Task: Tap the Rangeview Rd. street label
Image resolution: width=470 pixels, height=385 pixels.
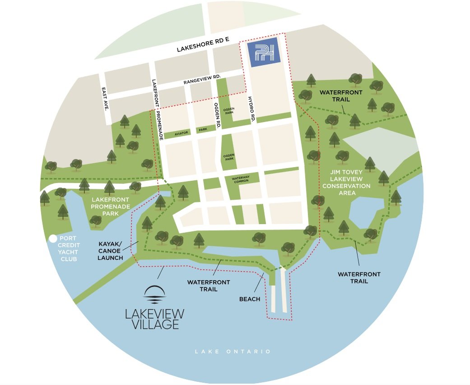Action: click(x=202, y=80)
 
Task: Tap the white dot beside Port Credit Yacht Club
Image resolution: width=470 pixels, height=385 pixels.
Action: click(x=54, y=239)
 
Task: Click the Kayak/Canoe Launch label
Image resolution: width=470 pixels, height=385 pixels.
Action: click(x=111, y=250)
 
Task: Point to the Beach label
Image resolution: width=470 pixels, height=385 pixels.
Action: click(x=250, y=299)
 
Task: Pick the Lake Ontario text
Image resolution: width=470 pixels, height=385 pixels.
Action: click(x=233, y=351)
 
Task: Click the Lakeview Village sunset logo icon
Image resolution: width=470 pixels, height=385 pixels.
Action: click(x=154, y=296)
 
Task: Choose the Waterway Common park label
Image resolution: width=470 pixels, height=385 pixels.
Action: click(x=241, y=179)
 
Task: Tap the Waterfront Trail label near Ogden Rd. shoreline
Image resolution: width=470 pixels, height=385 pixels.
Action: click(x=209, y=285)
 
